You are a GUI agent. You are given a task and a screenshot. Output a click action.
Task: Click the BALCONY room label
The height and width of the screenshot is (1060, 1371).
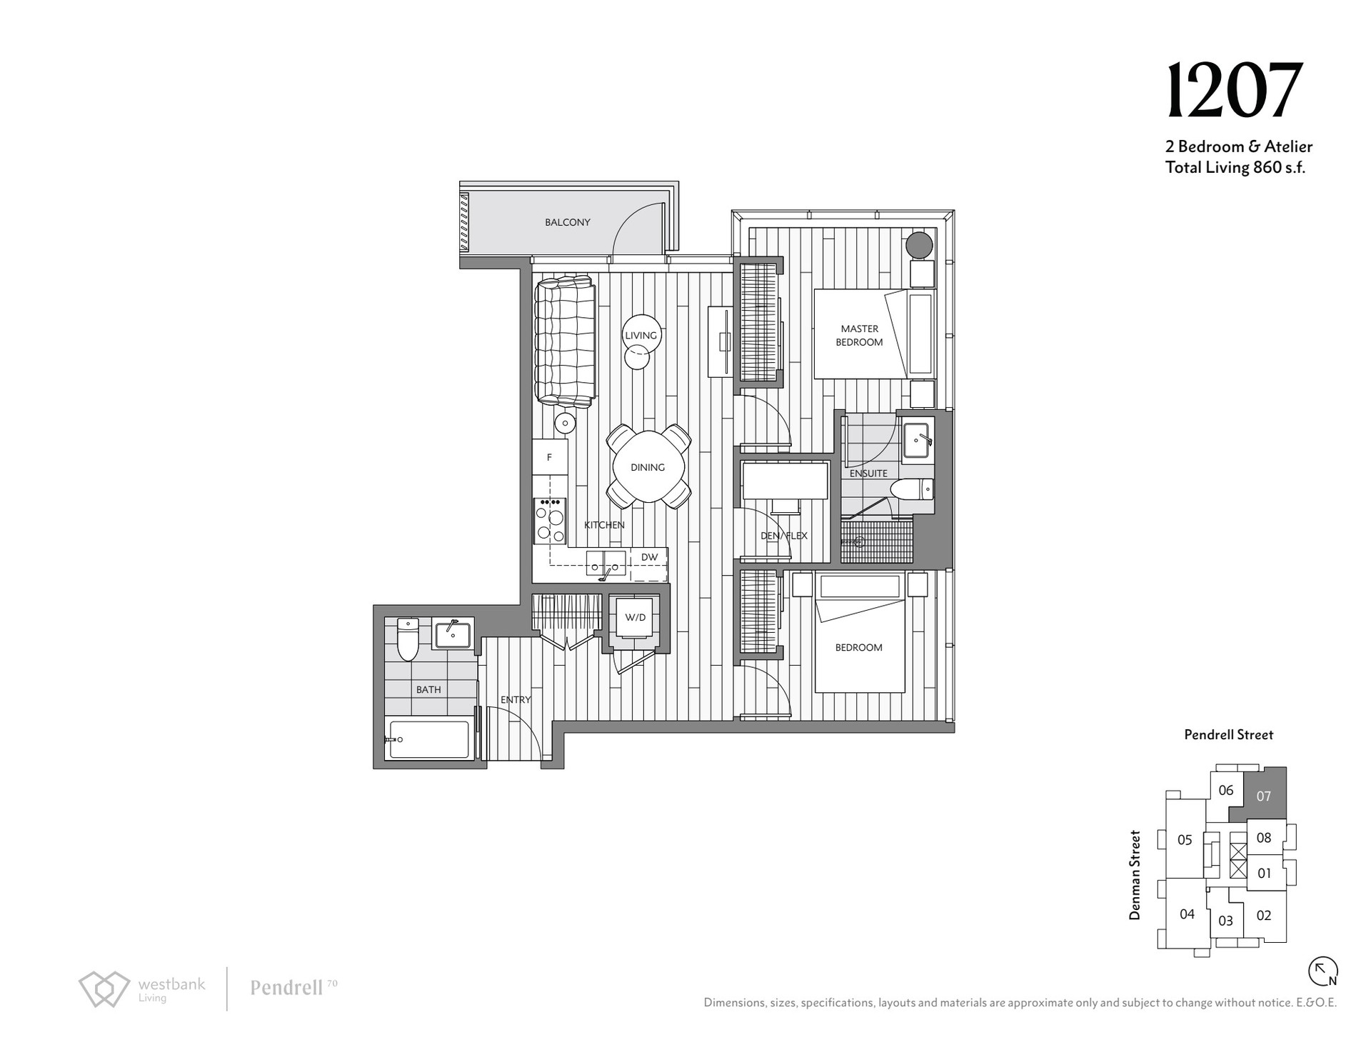568,222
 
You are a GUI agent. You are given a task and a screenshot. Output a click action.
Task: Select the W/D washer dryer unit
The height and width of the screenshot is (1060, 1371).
635,617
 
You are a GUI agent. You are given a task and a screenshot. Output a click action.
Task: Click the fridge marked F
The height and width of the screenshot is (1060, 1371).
550,457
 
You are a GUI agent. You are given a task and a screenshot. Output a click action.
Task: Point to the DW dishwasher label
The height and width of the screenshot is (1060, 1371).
649,557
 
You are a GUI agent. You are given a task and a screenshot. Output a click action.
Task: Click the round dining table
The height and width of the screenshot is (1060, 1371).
648,466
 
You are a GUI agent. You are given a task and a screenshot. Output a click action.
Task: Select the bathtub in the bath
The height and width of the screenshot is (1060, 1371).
428,739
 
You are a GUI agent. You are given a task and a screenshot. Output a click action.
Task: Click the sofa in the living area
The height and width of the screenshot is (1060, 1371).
565,343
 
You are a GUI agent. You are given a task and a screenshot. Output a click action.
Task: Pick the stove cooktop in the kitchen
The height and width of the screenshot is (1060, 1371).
550,521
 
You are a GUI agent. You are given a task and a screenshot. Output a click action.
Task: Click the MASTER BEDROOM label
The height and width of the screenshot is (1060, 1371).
859,335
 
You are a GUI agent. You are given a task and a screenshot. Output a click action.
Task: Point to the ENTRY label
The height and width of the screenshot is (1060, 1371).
516,699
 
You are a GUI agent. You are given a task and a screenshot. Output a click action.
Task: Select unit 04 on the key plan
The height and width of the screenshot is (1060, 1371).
1187,914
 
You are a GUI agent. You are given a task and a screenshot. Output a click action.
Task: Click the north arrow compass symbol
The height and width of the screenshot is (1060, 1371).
1322,971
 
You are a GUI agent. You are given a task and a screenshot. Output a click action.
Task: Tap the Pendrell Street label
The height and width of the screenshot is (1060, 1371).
1228,734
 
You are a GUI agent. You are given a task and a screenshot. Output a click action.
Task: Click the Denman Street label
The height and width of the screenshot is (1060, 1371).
1135,874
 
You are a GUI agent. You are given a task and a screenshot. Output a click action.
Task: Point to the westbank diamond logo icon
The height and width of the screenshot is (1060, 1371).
104,989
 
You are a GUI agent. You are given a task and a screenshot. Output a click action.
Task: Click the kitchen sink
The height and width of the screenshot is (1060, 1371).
606,563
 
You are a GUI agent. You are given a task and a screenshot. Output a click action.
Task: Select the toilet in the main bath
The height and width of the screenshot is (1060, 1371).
407,639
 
